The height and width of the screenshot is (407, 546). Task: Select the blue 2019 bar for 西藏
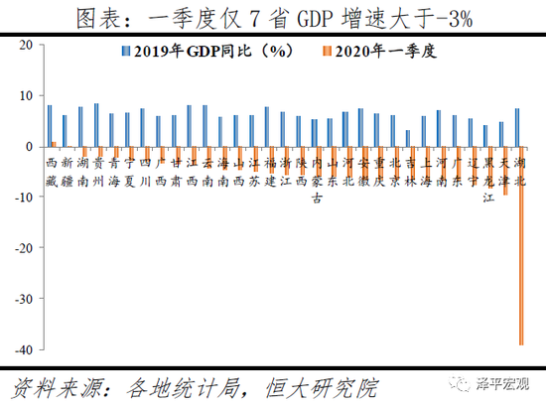[50, 125]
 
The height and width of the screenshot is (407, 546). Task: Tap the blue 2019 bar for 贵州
[95, 124]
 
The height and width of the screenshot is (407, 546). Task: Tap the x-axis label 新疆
[67, 172]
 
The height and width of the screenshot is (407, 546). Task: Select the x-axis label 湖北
[520, 172]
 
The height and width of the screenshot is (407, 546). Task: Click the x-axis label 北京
[395, 172]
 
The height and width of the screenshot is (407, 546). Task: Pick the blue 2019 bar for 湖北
[517, 127]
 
